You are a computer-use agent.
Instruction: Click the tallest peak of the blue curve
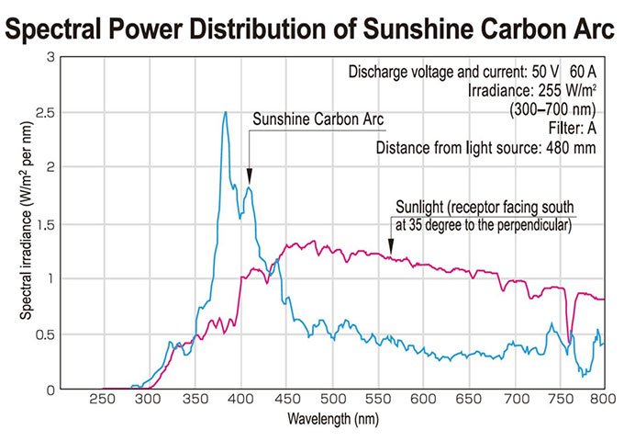click(x=225, y=112)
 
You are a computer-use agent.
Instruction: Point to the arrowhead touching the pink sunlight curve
click(x=391, y=248)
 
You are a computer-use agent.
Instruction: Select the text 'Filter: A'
click(x=573, y=127)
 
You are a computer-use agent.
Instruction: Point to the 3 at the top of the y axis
click(x=50, y=57)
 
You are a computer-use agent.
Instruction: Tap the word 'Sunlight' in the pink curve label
click(x=420, y=206)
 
